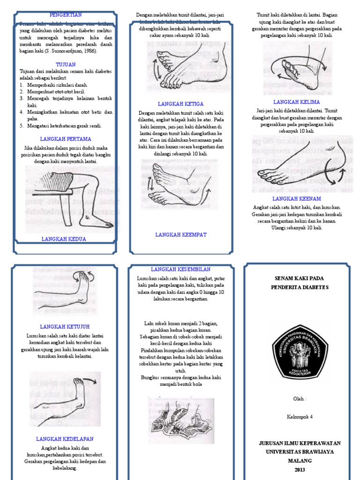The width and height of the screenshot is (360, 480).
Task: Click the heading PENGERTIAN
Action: (66, 15)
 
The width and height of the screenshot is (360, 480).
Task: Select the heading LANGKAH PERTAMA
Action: (66, 139)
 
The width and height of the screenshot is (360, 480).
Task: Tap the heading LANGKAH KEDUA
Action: (64, 239)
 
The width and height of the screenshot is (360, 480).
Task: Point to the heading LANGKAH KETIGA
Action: (180, 104)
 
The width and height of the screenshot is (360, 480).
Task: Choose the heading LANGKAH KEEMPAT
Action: (181, 234)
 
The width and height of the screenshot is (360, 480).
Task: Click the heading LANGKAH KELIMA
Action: (297, 102)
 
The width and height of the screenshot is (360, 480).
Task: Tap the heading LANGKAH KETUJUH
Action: (65, 326)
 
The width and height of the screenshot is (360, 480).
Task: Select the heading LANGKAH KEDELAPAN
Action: (65, 439)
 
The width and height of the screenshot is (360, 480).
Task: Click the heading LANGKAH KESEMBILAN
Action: (180, 269)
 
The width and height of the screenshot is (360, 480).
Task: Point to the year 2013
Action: (300, 470)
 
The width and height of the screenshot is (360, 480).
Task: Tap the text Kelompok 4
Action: (300, 416)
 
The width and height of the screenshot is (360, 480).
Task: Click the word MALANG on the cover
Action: (300, 461)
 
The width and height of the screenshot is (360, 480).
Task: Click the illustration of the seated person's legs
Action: (70, 199)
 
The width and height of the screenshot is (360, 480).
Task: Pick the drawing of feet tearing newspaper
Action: (181, 420)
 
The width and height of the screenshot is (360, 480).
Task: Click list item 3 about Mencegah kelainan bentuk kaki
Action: (66, 102)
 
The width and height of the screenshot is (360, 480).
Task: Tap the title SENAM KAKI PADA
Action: (300, 278)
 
